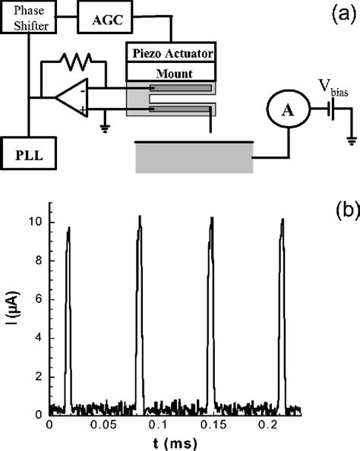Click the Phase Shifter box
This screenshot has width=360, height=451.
click(28, 18)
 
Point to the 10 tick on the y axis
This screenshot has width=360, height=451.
click(38, 222)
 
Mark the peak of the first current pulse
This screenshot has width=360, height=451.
click(68, 228)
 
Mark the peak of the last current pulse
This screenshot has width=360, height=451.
click(283, 219)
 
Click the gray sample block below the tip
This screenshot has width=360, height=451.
click(193, 158)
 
